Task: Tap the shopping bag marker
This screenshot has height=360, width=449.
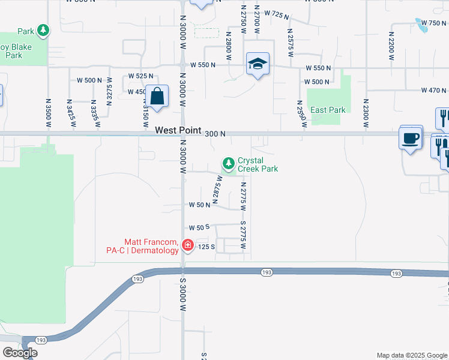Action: (x=157, y=97)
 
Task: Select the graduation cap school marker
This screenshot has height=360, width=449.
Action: (x=258, y=64)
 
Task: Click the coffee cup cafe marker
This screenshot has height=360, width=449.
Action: (x=411, y=138)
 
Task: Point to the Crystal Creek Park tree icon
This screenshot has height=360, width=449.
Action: (x=228, y=163)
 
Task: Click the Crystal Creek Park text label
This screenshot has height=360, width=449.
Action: (x=258, y=164)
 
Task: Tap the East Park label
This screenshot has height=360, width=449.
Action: (x=328, y=110)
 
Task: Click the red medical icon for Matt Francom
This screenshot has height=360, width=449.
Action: (x=187, y=245)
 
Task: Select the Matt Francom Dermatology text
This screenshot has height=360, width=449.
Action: (x=151, y=246)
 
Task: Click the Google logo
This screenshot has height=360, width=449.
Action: (x=20, y=353)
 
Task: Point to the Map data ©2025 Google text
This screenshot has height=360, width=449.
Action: (x=411, y=355)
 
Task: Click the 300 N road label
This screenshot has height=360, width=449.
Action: (x=214, y=134)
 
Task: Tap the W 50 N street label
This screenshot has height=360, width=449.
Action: (x=199, y=205)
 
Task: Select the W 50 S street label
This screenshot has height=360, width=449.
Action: (x=199, y=228)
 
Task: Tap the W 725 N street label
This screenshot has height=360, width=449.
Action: (x=276, y=13)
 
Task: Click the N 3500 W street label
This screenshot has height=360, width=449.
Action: (x=48, y=113)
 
